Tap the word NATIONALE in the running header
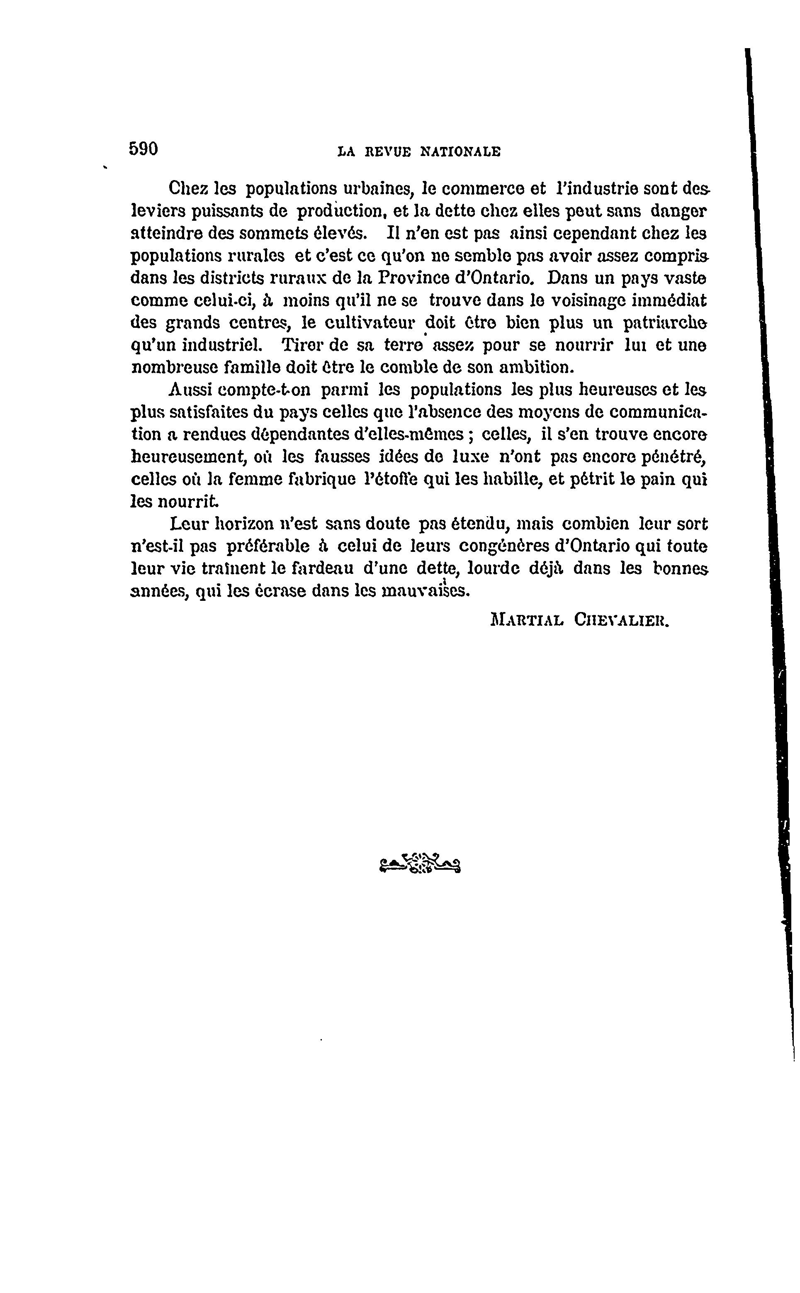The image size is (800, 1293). (460, 152)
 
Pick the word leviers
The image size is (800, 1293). (157, 211)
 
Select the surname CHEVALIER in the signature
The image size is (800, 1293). (622, 620)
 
